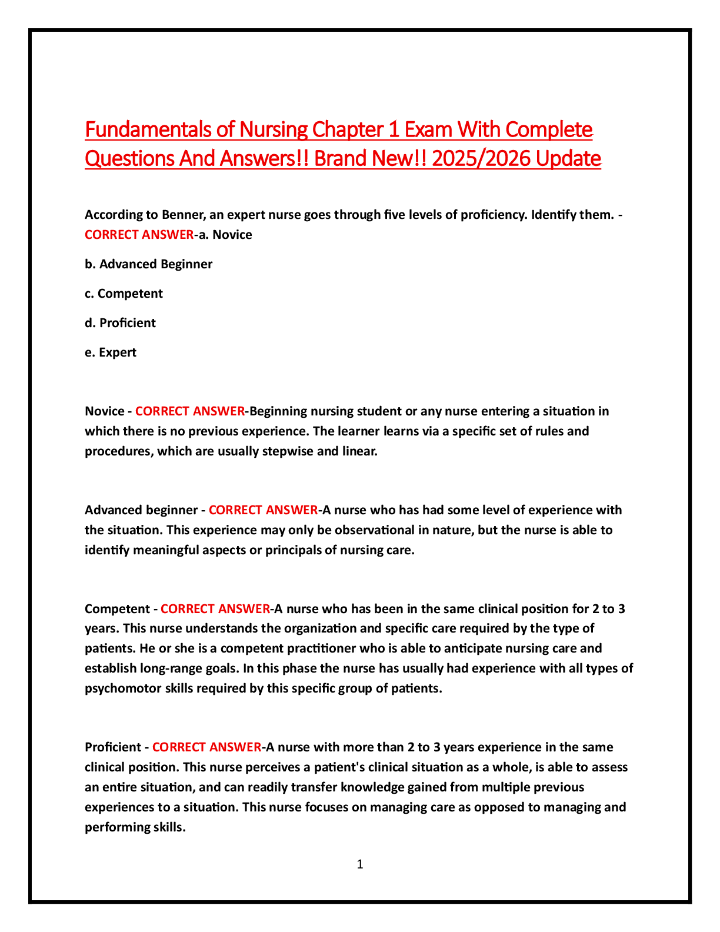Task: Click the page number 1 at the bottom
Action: coord(360,864)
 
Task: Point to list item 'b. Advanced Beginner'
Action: coord(149,264)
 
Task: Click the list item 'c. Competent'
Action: coord(124,294)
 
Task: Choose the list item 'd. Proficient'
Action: coord(121,323)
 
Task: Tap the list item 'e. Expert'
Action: coord(111,352)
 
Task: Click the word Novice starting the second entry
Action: coord(104,411)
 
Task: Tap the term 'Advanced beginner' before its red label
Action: coord(139,510)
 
